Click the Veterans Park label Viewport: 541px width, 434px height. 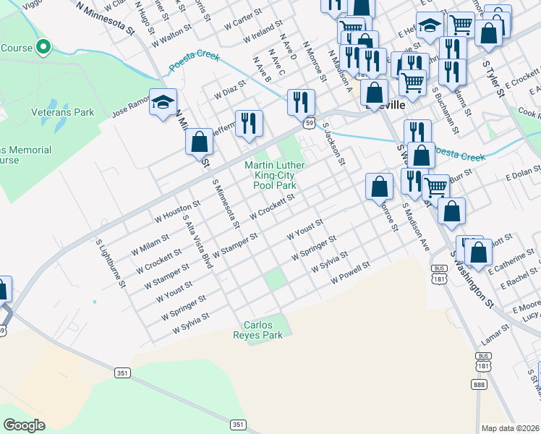coord(63,113)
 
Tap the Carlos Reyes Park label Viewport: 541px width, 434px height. coord(263,330)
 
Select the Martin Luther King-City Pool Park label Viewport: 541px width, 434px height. coord(275,175)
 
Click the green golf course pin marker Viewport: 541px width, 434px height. coord(43,48)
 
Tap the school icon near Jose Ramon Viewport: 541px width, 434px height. coord(163,102)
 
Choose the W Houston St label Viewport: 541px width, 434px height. coord(171,213)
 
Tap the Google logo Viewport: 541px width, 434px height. coord(25,425)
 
